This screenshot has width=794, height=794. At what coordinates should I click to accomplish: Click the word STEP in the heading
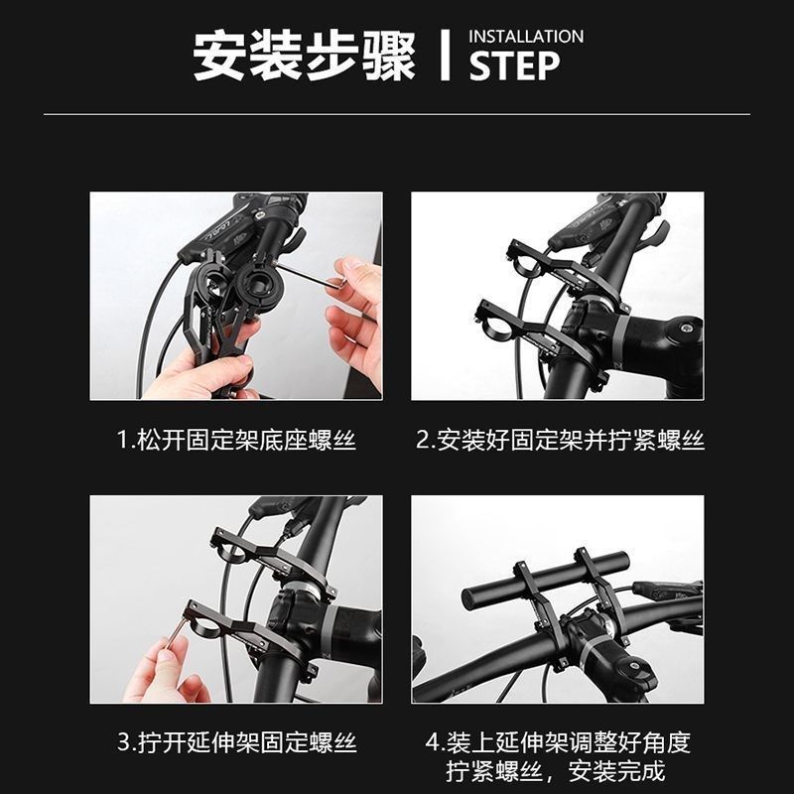[x=514, y=66]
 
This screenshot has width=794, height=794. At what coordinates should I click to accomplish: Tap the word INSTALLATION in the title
[x=526, y=37]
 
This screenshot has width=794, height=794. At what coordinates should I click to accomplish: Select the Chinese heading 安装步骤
[x=304, y=56]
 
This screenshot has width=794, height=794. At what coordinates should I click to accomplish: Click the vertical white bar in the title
[x=447, y=56]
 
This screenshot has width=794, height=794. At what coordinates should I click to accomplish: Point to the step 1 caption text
[x=236, y=440]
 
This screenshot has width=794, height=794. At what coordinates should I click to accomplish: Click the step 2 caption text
[x=559, y=440]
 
